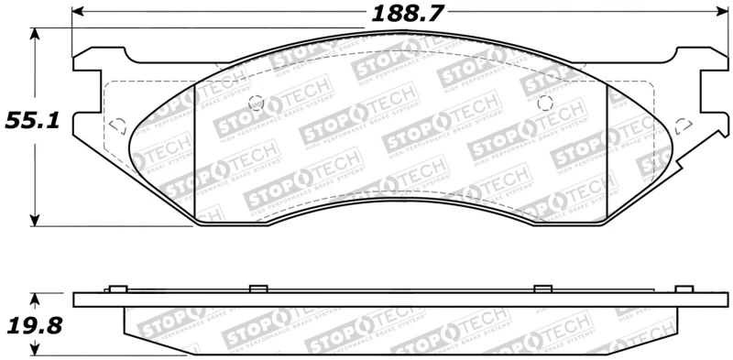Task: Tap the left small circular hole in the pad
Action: [x=257, y=102]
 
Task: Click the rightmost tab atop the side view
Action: [x=682, y=289]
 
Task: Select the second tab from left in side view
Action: [x=257, y=289]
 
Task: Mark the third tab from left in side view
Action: [x=542, y=289]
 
